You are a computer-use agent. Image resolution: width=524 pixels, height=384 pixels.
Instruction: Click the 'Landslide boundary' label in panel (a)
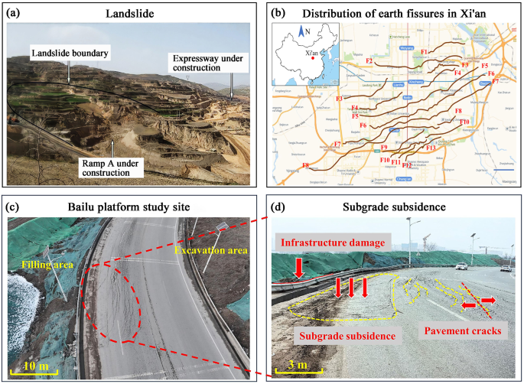tap(68, 53)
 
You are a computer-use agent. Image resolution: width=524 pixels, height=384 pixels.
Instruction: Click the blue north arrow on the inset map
tap(301, 32)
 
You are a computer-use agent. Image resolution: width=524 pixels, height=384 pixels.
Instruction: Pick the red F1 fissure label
tap(425, 52)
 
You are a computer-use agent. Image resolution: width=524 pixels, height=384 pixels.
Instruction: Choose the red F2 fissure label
tap(369, 60)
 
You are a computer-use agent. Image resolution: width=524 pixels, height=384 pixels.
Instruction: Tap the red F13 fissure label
tap(430, 147)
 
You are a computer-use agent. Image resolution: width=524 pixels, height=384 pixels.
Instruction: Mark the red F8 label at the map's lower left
tap(305, 165)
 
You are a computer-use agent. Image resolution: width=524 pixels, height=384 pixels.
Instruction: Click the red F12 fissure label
tap(407, 164)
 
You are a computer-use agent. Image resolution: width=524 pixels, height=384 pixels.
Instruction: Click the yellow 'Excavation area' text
tap(207, 250)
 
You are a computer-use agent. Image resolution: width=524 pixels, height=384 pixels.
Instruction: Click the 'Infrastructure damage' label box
tap(333, 244)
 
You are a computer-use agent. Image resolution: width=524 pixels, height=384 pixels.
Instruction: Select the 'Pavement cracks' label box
tap(462, 332)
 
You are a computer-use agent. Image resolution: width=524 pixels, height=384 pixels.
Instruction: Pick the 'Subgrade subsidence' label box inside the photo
tap(347, 336)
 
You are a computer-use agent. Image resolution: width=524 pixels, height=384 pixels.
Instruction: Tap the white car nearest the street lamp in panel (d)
tap(461, 266)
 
